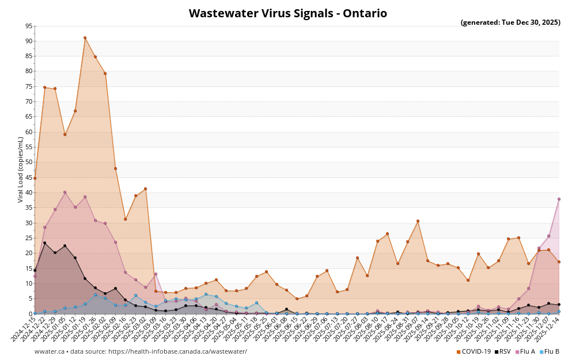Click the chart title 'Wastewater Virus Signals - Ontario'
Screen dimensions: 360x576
288,13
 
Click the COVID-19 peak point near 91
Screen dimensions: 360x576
85,38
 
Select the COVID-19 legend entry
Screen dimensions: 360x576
473,351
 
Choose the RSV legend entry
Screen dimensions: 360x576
503,351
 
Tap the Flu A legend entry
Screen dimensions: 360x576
525,351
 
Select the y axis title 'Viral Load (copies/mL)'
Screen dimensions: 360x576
21,169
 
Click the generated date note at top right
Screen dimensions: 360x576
510,22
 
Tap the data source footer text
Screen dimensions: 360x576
141,351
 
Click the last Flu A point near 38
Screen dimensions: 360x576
559,199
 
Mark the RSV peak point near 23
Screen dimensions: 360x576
44,242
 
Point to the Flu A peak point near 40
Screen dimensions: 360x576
65,192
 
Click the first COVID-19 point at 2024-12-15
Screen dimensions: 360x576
35,178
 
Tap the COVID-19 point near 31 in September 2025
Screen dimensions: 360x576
418,221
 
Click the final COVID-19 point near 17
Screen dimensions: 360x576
559,262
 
